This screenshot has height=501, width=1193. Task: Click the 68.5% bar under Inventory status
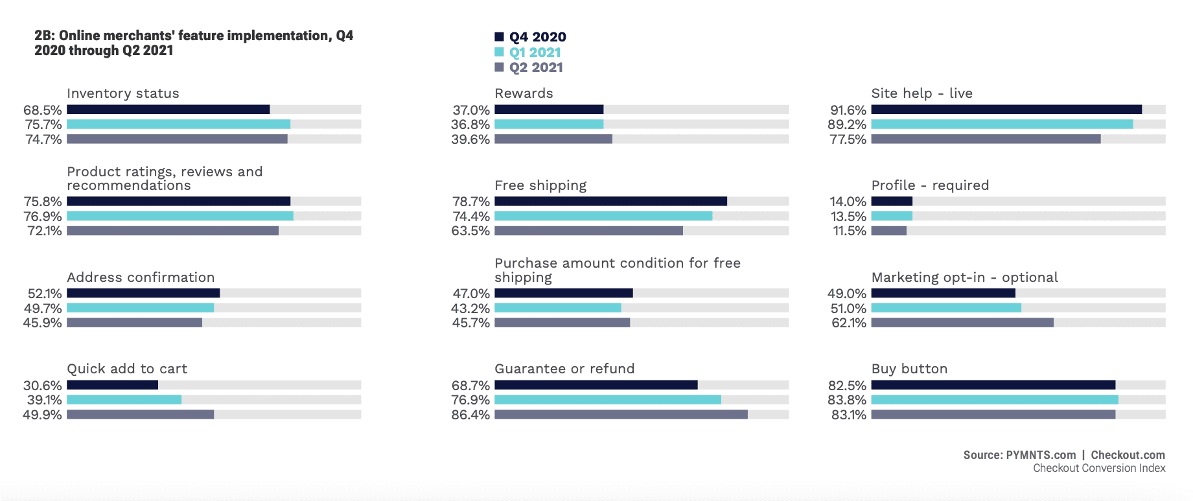point(168,110)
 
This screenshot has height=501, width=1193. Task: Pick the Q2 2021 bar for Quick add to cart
point(140,414)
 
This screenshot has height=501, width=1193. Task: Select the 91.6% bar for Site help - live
point(1006,110)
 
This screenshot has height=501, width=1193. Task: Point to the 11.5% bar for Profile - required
point(889,231)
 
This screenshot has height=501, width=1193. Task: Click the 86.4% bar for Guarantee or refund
point(621,414)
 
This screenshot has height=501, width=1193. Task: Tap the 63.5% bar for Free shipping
point(588,231)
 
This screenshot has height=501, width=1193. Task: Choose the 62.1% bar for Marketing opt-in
point(962,322)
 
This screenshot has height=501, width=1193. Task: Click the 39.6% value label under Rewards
point(470,139)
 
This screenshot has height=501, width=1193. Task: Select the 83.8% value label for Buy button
point(847,400)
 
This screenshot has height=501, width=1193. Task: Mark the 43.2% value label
point(470,309)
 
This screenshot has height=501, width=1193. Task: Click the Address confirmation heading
point(141,277)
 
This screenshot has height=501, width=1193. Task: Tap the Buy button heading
point(909,369)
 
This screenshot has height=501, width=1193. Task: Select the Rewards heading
point(524,93)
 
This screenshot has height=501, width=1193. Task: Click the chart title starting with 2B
point(194,43)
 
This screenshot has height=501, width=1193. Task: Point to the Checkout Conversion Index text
point(1099,468)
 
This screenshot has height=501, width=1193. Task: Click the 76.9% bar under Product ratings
point(180,216)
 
